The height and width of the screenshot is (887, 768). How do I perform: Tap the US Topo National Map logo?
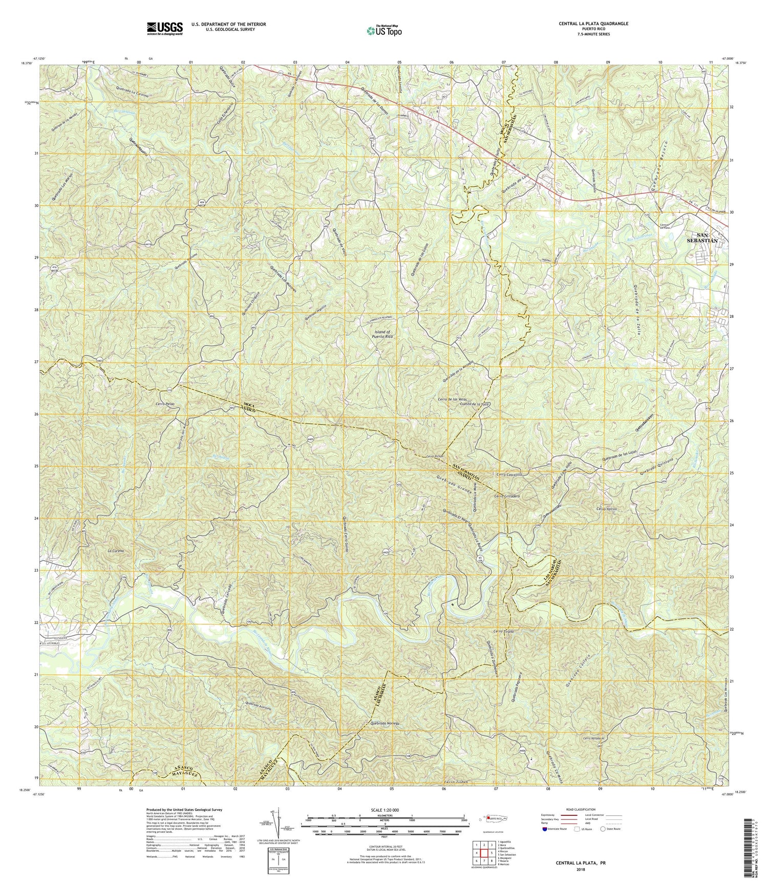[x=383, y=30]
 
